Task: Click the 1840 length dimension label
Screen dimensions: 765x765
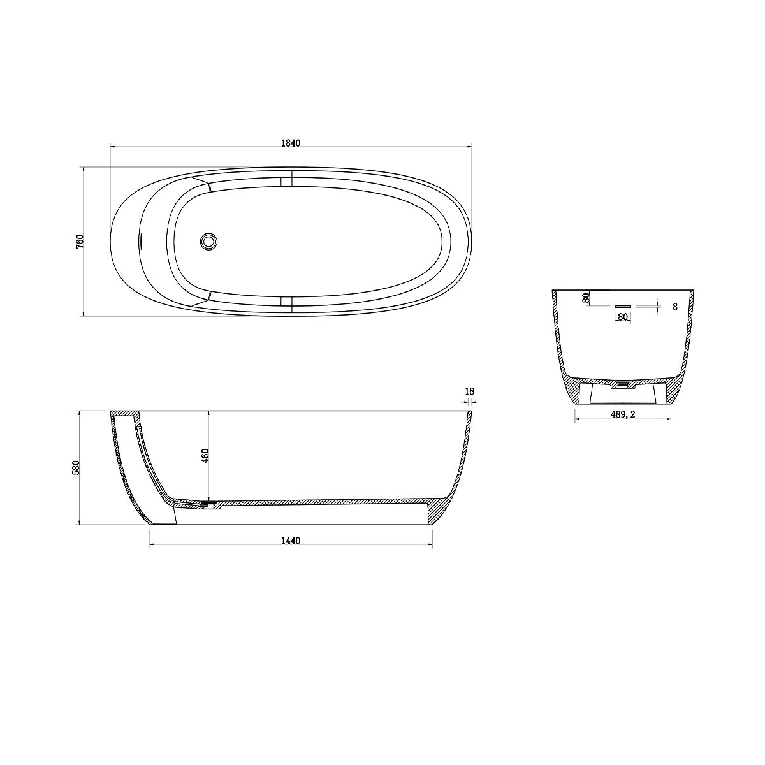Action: pos(291,143)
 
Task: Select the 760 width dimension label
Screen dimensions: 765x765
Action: pos(80,242)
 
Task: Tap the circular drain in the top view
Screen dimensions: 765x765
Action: pos(208,241)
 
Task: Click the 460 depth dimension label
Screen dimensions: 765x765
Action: pos(205,456)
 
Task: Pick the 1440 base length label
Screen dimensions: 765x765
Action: pos(291,541)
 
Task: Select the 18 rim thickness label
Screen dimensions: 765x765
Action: pos(469,391)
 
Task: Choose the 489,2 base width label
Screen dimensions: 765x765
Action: pos(623,414)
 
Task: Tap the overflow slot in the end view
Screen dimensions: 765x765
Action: pos(622,306)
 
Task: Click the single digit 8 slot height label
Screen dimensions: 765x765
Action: pos(675,307)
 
